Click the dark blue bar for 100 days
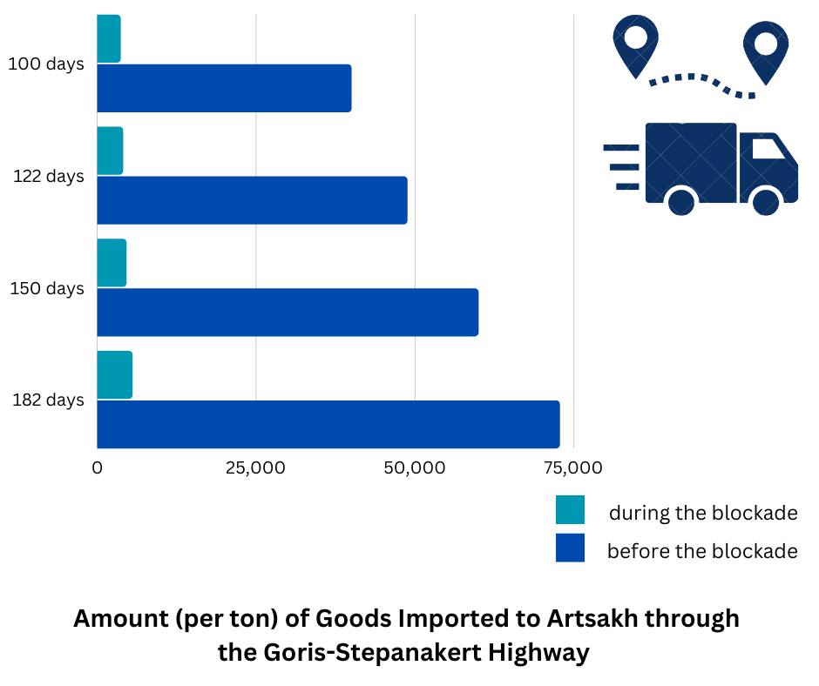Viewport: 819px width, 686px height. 224,88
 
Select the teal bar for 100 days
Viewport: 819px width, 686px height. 109,39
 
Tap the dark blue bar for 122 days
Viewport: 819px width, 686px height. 252,200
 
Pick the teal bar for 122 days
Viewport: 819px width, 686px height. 110,151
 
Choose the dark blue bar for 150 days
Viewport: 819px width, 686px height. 288,312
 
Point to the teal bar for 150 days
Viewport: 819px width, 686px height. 112,262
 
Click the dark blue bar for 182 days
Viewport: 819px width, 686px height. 328,424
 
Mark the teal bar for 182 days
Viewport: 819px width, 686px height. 114,375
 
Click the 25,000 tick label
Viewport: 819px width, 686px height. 255,468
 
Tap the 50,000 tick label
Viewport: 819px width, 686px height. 415,468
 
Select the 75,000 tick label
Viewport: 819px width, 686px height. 572,468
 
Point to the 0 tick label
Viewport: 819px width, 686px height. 97,468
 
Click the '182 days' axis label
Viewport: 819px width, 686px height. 48,400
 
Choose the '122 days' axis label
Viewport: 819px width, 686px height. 48,177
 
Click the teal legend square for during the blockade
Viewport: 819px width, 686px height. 570,510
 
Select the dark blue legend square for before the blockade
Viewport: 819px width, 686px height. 570,548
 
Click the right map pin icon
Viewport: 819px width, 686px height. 766,47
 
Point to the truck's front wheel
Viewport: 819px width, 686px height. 765,203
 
